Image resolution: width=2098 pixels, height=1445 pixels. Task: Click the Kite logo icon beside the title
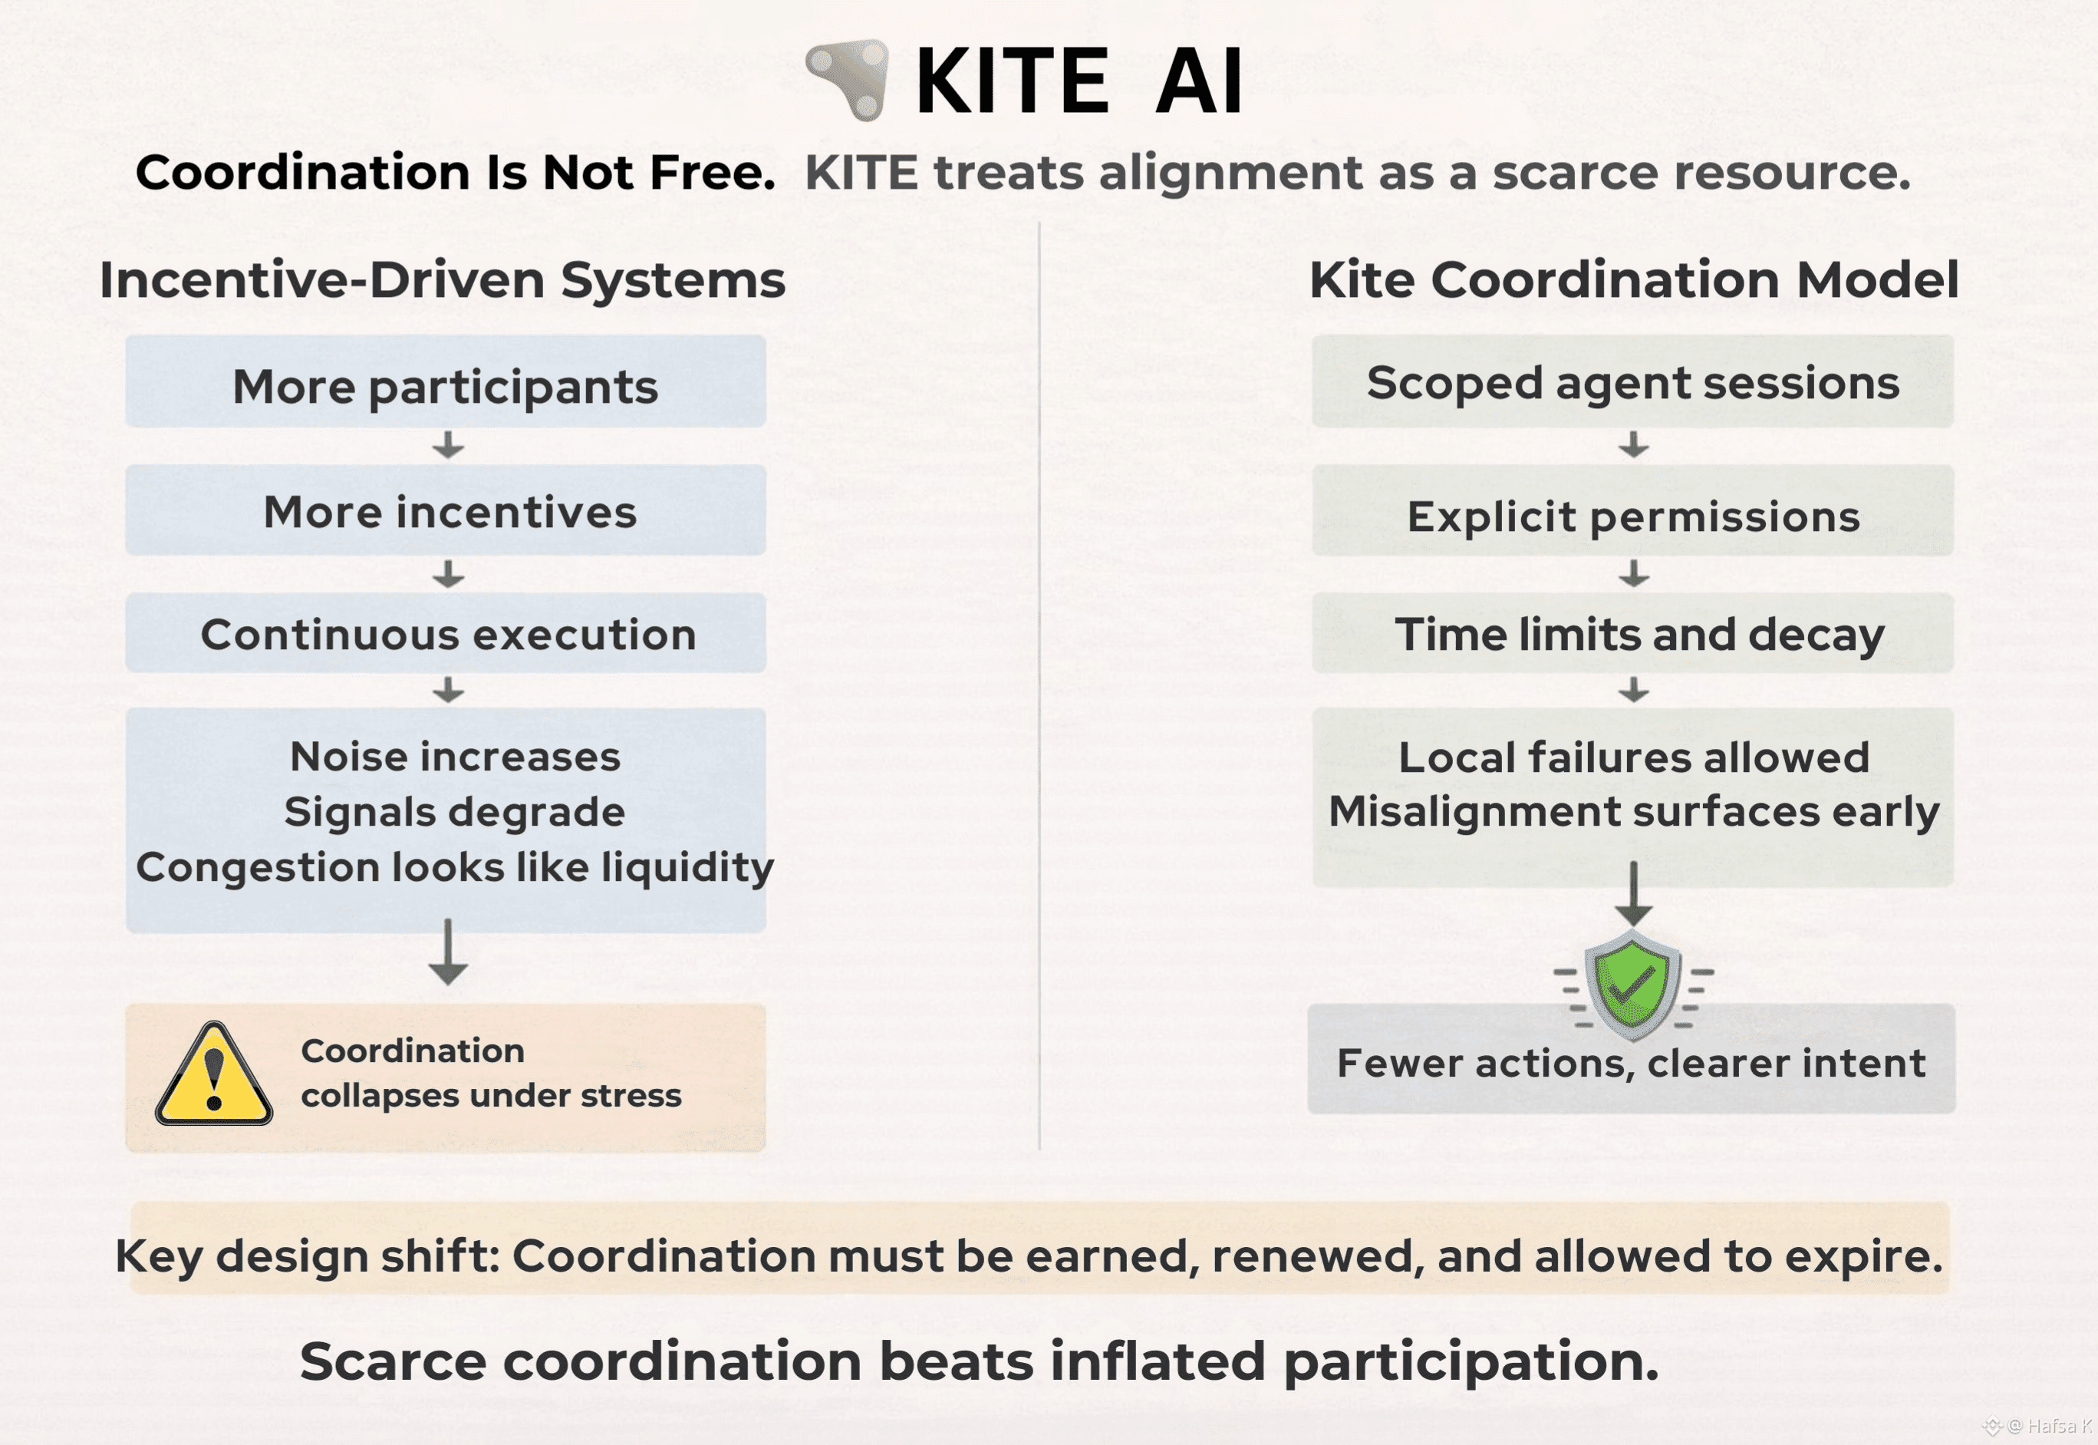tap(848, 79)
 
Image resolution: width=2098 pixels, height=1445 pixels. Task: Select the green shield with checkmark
tap(1633, 985)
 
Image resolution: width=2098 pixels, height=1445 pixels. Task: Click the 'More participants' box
tap(446, 381)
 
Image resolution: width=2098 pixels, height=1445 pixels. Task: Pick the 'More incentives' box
tap(446, 510)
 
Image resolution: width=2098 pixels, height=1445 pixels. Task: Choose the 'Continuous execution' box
tap(446, 633)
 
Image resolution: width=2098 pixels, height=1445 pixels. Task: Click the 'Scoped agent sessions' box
tap(1633, 381)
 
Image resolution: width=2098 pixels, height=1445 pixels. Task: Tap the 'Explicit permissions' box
tap(1633, 510)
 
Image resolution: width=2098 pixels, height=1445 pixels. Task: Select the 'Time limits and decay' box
tap(1633, 633)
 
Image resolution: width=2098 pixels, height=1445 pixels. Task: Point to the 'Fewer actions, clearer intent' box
tap(1631, 1059)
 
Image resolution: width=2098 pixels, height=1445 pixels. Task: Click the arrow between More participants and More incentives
tap(448, 445)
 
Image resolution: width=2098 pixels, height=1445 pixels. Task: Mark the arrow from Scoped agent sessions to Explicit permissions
tap(1634, 444)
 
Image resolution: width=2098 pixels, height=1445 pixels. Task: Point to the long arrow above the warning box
tap(448, 952)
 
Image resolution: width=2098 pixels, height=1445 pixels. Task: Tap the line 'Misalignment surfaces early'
tap(1634, 812)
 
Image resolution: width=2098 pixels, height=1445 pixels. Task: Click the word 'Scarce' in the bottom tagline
tap(394, 1361)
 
